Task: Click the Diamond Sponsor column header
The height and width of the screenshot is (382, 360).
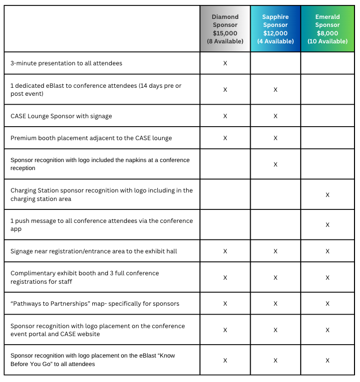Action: (x=225, y=21)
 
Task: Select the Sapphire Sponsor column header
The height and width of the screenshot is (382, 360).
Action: (x=275, y=21)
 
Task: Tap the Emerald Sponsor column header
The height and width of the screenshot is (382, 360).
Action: (x=328, y=21)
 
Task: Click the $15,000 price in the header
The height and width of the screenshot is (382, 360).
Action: (x=225, y=33)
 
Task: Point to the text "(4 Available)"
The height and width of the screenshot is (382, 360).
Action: (x=275, y=41)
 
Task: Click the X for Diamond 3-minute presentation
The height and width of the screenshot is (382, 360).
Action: (x=225, y=63)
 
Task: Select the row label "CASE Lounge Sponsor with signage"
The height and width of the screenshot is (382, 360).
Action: (x=61, y=116)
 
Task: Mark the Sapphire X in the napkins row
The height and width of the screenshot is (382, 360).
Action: (x=275, y=164)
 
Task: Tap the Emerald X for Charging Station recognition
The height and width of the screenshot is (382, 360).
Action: (x=328, y=194)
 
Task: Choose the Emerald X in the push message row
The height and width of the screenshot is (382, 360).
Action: (x=328, y=225)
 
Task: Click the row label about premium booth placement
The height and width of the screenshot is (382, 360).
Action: (x=91, y=138)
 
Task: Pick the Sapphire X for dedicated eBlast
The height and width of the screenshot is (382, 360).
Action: (x=275, y=90)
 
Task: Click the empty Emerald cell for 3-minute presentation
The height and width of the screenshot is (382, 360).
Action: (x=328, y=63)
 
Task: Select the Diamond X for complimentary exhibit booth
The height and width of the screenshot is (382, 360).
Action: (x=225, y=277)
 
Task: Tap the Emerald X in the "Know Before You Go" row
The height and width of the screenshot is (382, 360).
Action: (x=328, y=360)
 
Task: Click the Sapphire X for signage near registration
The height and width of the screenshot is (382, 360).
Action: (x=275, y=251)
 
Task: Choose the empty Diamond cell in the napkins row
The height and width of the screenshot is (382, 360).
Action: (x=225, y=164)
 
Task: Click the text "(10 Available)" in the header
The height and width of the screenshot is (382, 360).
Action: (x=328, y=41)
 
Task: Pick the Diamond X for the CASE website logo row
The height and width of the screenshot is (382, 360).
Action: (x=225, y=330)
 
